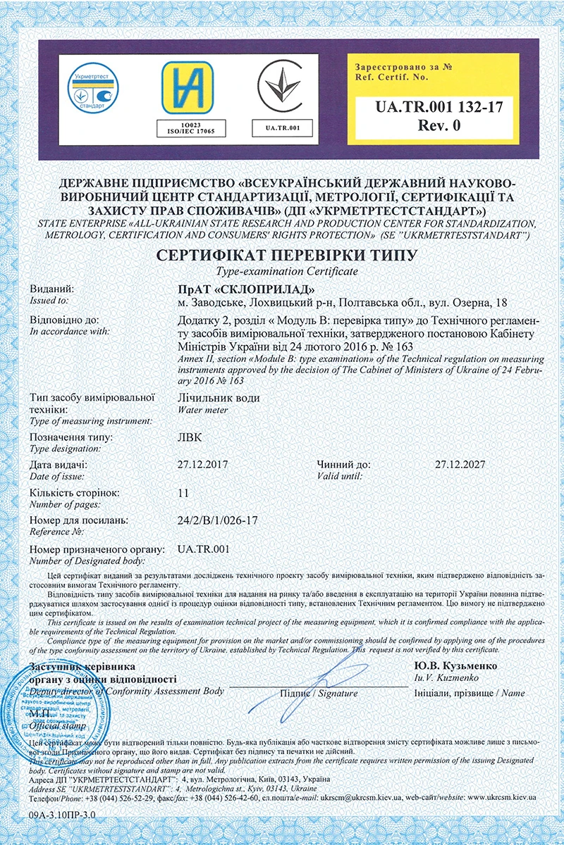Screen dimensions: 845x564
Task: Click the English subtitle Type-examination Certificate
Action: (281, 270)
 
